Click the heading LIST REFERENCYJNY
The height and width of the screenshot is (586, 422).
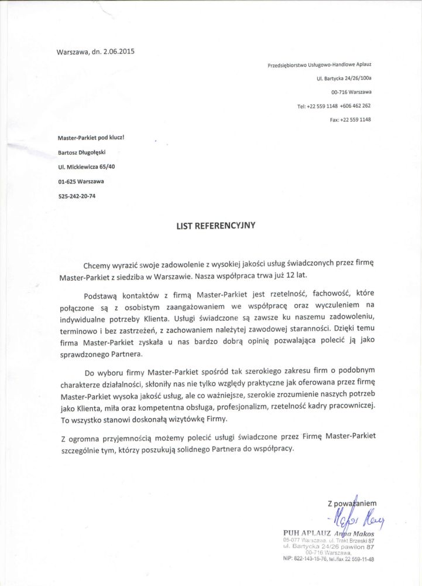coord(216,224)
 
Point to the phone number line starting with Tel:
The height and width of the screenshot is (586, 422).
coord(334,106)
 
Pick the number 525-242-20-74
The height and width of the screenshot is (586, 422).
coord(77,196)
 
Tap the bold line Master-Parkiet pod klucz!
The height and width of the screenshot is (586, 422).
coord(91,138)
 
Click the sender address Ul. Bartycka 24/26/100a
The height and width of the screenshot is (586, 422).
coord(344,78)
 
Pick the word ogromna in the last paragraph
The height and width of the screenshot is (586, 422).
coord(88,438)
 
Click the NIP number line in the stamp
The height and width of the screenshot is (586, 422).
coord(328,560)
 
